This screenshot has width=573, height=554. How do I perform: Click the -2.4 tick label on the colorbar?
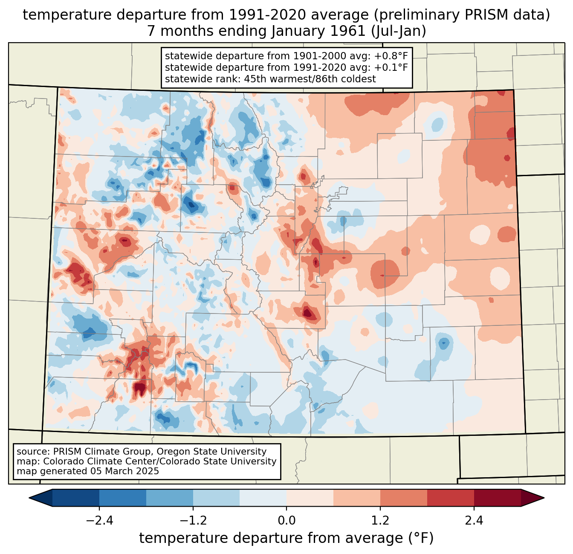99,521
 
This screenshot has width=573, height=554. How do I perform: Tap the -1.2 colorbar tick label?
193,521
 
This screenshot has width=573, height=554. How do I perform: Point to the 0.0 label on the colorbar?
286,521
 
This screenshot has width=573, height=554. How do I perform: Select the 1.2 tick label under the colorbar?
380,521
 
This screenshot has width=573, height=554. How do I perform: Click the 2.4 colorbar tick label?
474,521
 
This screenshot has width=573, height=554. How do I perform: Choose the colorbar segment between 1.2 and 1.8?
403,498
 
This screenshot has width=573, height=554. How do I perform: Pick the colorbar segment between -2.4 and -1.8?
123,498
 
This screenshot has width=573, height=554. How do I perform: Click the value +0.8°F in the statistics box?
391,56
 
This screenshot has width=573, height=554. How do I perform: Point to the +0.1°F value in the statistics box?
391,67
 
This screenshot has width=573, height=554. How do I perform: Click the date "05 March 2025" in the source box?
124,471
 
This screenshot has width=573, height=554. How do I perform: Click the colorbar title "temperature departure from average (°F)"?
286,538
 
